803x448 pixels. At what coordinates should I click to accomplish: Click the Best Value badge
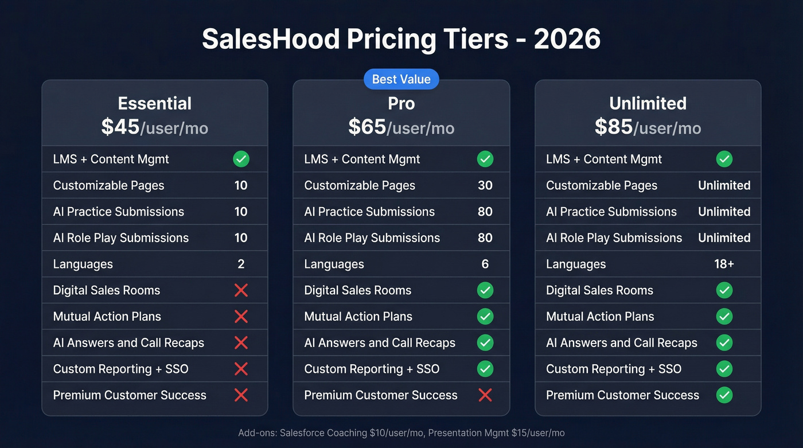click(x=401, y=79)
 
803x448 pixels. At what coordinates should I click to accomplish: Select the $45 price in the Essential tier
click(x=120, y=127)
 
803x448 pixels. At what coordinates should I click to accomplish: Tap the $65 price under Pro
click(x=367, y=127)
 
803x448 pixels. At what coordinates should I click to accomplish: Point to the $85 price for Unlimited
click(x=614, y=127)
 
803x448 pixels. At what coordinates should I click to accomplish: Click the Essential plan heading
click(x=154, y=103)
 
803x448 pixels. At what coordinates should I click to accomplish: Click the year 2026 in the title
click(x=567, y=40)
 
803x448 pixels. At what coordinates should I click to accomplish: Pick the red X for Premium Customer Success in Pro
click(x=485, y=395)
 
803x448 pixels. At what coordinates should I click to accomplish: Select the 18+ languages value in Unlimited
click(x=724, y=264)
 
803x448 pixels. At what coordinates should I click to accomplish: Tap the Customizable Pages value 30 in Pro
click(x=485, y=185)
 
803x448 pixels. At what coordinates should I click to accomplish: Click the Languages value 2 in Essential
click(x=241, y=264)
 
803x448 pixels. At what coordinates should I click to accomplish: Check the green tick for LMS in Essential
click(x=241, y=159)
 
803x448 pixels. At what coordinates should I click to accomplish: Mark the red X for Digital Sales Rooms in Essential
click(x=241, y=290)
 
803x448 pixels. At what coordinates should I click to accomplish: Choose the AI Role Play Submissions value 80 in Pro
click(x=485, y=237)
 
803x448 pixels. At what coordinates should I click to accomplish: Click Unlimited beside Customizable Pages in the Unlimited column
click(x=724, y=185)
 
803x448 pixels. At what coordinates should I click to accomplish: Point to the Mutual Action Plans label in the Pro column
click(x=358, y=317)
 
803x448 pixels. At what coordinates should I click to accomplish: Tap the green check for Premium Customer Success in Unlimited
click(x=724, y=395)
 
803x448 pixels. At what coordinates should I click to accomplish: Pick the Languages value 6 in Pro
click(x=485, y=264)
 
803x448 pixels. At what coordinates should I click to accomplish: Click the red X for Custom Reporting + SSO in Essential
click(x=241, y=369)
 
